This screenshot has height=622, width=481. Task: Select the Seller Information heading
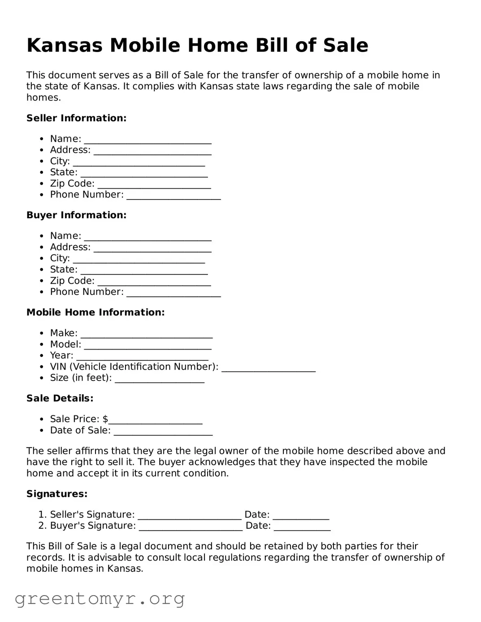[x=76, y=118]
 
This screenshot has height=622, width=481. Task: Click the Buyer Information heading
[x=76, y=215]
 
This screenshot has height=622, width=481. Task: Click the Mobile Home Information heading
[x=95, y=312]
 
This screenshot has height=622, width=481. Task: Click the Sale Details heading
[x=60, y=398]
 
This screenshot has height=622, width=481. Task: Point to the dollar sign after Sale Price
[x=105, y=419]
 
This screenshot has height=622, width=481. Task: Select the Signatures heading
[x=57, y=494]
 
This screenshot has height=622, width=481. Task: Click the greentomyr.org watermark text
[x=100, y=598]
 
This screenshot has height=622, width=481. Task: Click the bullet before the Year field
[x=41, y=356]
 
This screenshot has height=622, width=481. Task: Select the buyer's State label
[x=64, y=269]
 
